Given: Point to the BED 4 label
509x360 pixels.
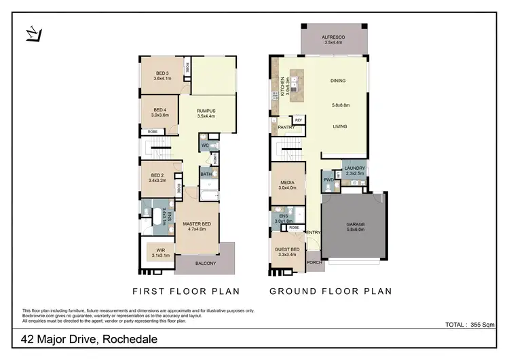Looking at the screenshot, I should (160, 109).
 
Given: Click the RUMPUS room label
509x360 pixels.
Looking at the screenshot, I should (206, 111).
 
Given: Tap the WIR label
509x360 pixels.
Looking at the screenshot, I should (161, 251).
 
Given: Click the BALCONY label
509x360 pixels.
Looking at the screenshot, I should (205, 264).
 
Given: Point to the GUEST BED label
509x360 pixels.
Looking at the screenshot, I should (288, 249).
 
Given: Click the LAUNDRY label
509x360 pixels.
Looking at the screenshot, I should (354, 168).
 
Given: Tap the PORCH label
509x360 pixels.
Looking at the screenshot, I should (314, 262).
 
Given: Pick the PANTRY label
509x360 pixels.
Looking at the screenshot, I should (286, 126).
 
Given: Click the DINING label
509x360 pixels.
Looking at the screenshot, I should (338, 81).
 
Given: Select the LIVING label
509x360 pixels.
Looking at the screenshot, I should (340, 126).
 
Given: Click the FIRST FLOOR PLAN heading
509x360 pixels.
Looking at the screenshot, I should (186, 291).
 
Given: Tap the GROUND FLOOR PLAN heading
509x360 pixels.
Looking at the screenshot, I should (331, 291).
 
